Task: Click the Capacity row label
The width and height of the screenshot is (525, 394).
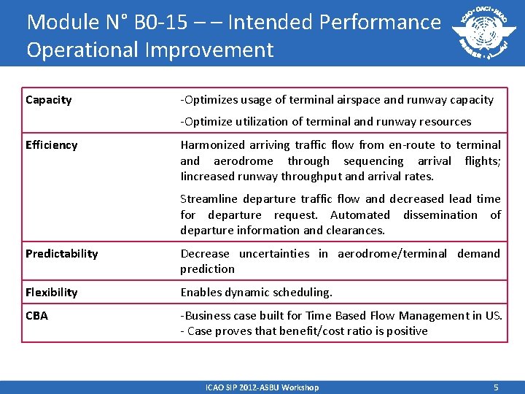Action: (x=49, y=100)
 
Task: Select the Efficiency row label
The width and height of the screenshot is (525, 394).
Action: (x=51, y=145)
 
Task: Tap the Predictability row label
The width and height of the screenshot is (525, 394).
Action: (x=62, y=254)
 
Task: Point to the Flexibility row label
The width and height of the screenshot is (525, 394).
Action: (x=52, y=293)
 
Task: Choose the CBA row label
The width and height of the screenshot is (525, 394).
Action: (x=36, y=316)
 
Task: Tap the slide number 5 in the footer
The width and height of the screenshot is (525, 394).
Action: (x=495, y=387)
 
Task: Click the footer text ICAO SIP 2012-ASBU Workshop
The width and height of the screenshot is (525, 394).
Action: (x=262, y=387)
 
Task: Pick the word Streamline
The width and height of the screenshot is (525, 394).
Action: (x=207, y=198)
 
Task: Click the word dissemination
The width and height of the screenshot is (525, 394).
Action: (x=440, y=215)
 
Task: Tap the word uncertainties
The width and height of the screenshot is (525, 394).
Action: (x=274, y=254)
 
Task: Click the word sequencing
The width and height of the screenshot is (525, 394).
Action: (x=373, y=161)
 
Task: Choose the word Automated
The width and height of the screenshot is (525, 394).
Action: (x=360, y=215)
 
